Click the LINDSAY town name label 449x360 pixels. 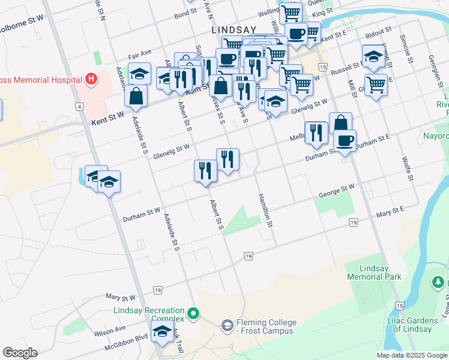pyautogui.click(x=234, y=29)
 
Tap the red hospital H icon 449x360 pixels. pyautogui.click(x=91, y=79)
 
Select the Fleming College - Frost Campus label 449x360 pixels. pyautogui.click(x=264, y=326)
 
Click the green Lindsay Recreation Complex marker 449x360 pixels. pyautogui.click(x=193, y=313)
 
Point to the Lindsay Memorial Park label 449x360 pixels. pyautogui.click(x=373, y=272)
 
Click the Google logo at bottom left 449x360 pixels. pyautogui.click(x=20, y=353)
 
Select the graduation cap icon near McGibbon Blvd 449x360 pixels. pyautogui.click(x=162, y=331)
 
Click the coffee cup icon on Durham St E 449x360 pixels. pyautogui.click(x=345, y=141)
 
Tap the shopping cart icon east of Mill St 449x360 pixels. pyautogui.click(x=376, y=85)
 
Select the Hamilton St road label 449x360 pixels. pyautogui.click(x=266, y=211)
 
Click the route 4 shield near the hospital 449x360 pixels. pyautogui.click(x=79, y=106)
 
